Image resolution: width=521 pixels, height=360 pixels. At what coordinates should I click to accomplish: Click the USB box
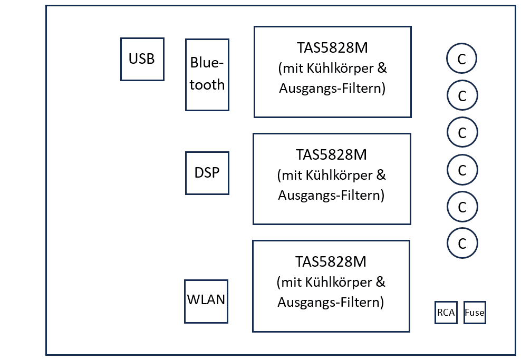(x=142, y=59)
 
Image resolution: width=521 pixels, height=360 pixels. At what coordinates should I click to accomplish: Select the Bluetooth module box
(x=207, y=75)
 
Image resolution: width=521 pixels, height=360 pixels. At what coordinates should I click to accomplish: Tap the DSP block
(x=207, y=173)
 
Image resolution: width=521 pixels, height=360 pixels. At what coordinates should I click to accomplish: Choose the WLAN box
(x=206, y=301)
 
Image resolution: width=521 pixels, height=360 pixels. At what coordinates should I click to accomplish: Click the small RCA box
(x=446, y=313)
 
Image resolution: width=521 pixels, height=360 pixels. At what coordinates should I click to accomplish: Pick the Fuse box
(x=475, y=313)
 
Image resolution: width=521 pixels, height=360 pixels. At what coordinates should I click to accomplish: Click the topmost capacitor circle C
(x=461, y=59)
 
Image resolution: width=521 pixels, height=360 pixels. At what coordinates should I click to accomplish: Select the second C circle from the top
(x=462, y=95)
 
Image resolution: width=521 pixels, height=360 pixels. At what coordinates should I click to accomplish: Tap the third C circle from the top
(x=462, y=132)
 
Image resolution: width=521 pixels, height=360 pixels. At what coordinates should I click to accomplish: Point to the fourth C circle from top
(x=462, y=170)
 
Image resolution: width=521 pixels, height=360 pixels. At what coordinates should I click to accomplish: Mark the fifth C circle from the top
(x=462, y=207)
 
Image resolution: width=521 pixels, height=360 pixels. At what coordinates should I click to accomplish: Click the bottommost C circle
(x=462, y=243)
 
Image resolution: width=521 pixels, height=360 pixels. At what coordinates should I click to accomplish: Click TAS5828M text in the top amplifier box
(x=332, y=48)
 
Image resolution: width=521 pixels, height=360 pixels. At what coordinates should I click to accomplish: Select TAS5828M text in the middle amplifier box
(x=331, y=155)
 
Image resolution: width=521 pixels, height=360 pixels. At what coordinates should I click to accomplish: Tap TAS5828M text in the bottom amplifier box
(x=331, y=261)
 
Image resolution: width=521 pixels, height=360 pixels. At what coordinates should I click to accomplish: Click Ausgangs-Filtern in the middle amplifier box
(x=331, y=195)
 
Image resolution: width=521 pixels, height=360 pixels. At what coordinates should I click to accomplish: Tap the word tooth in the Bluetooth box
(x=207, y=85)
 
